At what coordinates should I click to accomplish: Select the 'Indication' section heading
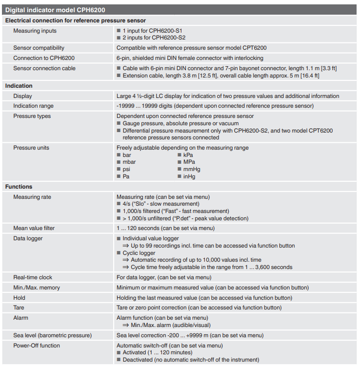[x=19, y=86]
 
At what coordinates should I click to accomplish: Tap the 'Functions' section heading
[x=19, y=187]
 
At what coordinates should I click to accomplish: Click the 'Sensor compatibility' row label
[x=39, y=48]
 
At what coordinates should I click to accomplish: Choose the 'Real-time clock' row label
[x=33, y=277]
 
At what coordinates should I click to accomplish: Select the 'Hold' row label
[x=19, y=297]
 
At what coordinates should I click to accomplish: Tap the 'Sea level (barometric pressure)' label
[x=52, y=335]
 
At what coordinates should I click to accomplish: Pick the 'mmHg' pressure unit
[x=192, y=169]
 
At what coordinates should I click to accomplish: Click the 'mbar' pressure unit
[x=129, y=162]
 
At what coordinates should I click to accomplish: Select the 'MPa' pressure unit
[x=189, y=162]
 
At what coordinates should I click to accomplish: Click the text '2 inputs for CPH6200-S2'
[x=154, y=38]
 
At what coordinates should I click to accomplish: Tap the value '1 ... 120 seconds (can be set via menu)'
[x=165, y=228]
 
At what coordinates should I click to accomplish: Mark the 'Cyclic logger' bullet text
[x=139, y=253]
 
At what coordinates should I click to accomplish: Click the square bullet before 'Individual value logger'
[x=119, y=238]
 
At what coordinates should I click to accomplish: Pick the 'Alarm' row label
[x=20, y=318]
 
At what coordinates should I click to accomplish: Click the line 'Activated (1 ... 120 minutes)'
[x=158, y=352]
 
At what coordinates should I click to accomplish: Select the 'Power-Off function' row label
[x=37, y=346]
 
